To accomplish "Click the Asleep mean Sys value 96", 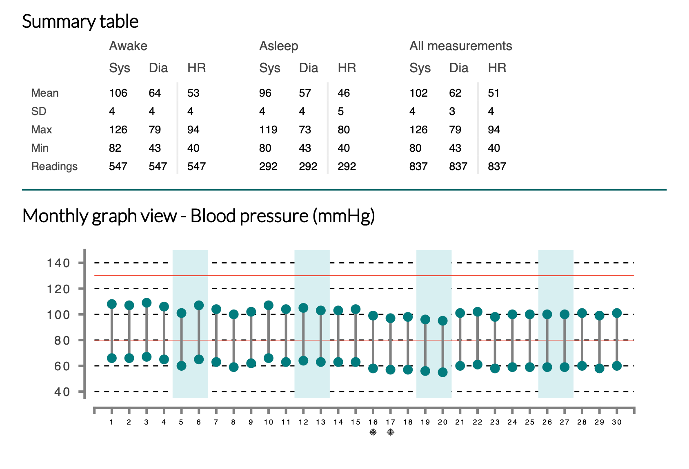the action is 265,93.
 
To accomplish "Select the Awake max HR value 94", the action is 193,130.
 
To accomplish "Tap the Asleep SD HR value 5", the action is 340,111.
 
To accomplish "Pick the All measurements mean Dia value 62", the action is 455,93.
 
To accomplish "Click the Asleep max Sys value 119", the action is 268,130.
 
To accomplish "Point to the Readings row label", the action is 54,166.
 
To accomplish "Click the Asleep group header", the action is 279,46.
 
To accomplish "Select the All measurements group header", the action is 460,46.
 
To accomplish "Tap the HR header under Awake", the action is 197,68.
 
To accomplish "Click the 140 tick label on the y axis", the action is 58,263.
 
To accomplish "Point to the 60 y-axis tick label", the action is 62,366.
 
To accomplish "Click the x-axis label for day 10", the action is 269,422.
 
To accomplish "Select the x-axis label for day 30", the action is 617,422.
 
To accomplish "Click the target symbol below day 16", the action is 373,432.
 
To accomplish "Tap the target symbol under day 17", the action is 390,432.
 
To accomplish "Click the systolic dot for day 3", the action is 147,303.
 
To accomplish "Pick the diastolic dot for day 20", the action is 442,372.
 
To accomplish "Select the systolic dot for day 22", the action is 478,312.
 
